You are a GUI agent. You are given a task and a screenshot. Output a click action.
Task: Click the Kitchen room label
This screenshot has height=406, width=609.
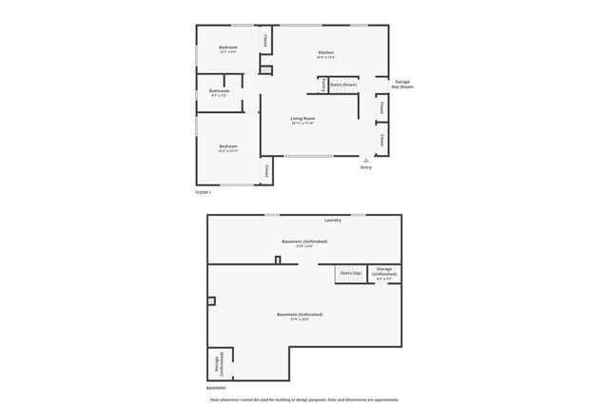[x=326, y=52]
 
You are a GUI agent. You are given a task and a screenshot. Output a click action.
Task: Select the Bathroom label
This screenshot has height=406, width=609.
[x=219, y=91]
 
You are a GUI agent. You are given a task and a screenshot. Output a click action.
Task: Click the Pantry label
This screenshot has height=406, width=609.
[x=324, y=86]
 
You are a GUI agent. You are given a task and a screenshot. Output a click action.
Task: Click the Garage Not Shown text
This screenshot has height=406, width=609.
[x=401, y=86]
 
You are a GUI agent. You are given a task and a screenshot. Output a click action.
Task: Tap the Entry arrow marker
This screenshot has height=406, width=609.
[x=366, y=160]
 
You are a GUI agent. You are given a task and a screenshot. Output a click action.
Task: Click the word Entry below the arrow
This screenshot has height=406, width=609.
[x=366, y=167]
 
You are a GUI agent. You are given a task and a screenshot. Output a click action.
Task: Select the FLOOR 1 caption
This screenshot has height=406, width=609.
[x=202, y=192]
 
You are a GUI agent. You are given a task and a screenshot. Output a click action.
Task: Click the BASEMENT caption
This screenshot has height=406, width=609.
[x=216, y=388]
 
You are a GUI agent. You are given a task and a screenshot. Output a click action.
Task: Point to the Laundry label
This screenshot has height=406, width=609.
[x=332, y=220]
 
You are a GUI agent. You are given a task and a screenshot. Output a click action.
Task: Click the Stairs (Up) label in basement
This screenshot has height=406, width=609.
[x=350, y=273]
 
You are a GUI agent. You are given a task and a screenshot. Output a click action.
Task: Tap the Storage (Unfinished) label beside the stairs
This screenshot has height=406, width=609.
[x=383, y=273]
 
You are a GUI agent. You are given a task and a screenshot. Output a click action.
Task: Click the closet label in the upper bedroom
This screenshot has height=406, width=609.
[x=265, y=41]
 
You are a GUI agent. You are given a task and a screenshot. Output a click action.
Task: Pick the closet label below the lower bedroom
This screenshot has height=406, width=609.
[x=266, y=171]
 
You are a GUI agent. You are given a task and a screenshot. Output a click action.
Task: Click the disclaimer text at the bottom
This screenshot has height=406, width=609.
[x=304, y=399]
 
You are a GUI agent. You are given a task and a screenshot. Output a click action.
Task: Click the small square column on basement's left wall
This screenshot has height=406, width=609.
[x=212, y=301]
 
